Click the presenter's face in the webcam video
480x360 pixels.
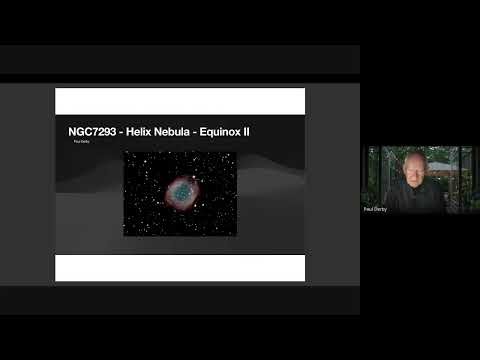tap(413, 173)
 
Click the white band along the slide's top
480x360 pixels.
tap(180, 101)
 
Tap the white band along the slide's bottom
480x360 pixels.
tap(180, 267)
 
